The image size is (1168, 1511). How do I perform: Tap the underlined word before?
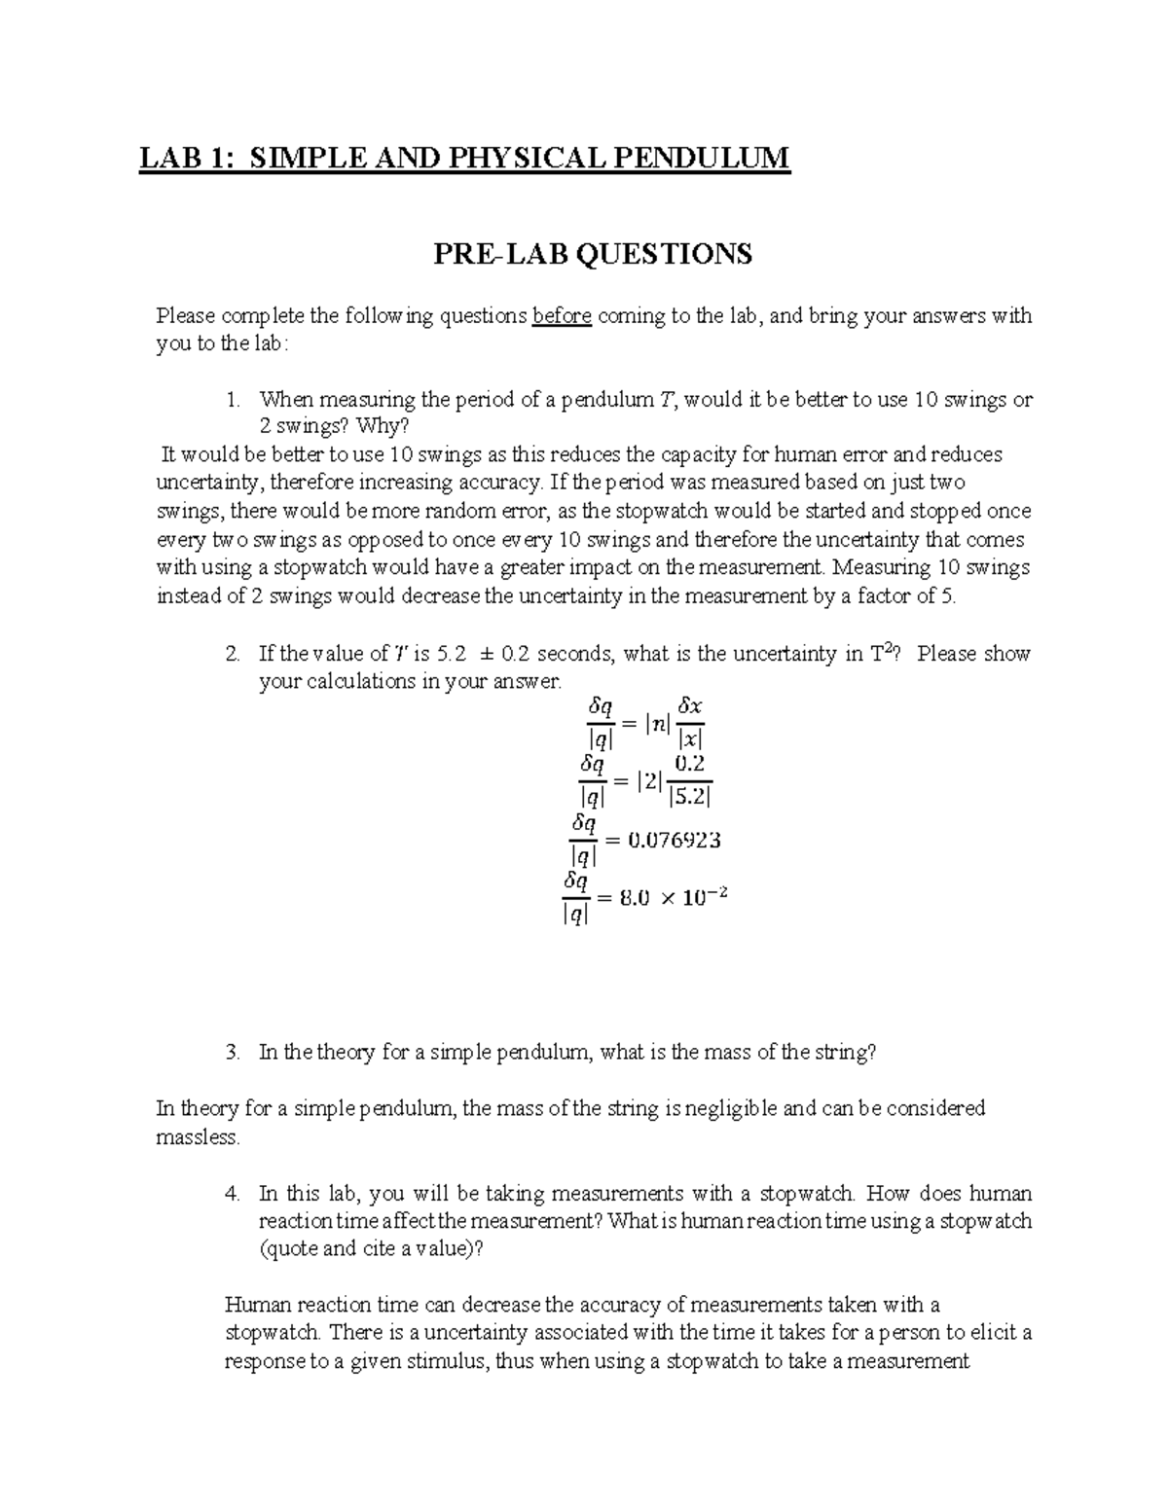562,316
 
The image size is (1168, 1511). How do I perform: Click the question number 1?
231,399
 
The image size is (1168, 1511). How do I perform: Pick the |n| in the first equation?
659,723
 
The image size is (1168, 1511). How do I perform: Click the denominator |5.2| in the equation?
690,797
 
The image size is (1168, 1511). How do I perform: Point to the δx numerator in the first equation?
690,707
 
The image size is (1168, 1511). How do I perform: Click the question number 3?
231,1052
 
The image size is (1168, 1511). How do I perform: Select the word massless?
197,1136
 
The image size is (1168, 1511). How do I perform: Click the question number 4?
231,1193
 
